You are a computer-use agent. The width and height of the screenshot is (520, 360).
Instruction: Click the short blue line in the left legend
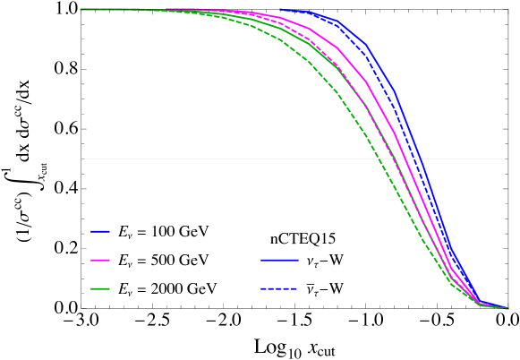click(100, 231)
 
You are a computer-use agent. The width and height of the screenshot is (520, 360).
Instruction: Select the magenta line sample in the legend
click(100, 260)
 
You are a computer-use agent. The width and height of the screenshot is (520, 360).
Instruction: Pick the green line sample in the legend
click(100, 288)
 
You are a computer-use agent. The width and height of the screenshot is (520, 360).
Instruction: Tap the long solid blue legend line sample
click(279, 260)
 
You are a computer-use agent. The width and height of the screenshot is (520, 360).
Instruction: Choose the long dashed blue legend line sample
click(279, 288)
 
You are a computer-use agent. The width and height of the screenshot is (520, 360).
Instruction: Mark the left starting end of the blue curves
click(280, 10)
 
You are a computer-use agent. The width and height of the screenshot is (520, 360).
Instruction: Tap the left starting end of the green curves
click(81, 9)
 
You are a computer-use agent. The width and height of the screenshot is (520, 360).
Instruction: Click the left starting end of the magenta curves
click(167, 9)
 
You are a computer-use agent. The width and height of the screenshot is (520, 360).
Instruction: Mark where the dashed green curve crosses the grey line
click(381, 159)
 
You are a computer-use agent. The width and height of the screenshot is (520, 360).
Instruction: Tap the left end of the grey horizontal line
click(84, 159)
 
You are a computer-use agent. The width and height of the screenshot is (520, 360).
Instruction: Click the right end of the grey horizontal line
click(505, 159)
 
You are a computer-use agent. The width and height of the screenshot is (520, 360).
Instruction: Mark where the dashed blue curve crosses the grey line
click(414, 159)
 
